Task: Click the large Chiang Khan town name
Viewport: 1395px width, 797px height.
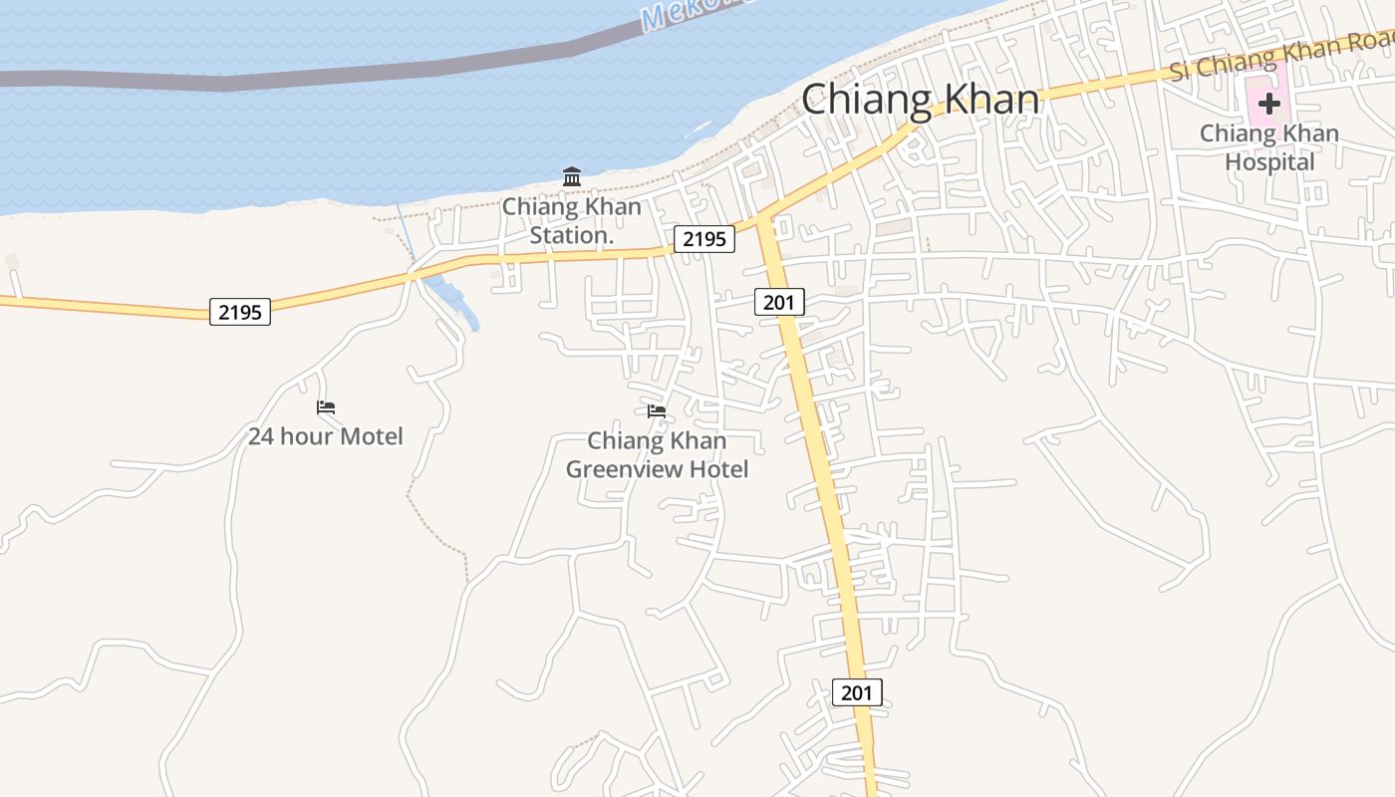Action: (x=920, y=100)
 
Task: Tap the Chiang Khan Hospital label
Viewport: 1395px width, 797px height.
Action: (x=1268, y=146)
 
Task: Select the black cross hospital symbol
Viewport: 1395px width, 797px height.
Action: (x=1268, y=103)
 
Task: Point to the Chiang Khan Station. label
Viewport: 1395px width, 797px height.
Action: (x=571, y=221)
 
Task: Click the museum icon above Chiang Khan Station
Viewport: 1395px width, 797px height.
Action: (x=572, y=177)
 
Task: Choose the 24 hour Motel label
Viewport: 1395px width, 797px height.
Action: (x=326, y=436)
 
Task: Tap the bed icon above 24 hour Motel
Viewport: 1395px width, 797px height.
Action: (x=326, y=407)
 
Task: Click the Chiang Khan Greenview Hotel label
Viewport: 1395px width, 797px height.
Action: (x=657, y=454)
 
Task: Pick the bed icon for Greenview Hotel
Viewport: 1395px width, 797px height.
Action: (x=657, y=410)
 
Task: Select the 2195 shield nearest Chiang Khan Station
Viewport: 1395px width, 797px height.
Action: (x=704, y=239)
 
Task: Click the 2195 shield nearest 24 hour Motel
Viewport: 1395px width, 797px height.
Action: (x=240, y=312)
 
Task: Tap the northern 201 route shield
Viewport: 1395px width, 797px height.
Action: (x=779, y=302)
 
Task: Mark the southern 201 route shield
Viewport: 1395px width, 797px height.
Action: (x=857, y=692)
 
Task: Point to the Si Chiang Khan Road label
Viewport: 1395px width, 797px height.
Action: (x=1280, y=55)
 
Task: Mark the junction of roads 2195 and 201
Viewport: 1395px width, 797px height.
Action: (x=763, y=220)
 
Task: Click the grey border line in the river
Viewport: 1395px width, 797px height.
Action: (x=299, y=76)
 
